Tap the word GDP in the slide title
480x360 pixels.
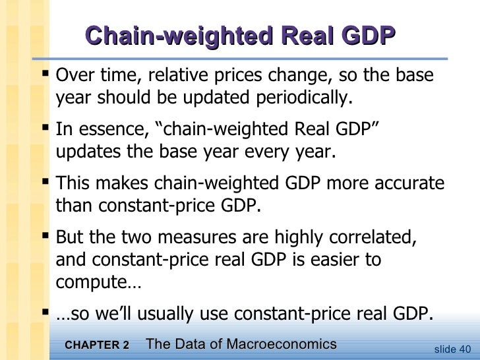point(364,36)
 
